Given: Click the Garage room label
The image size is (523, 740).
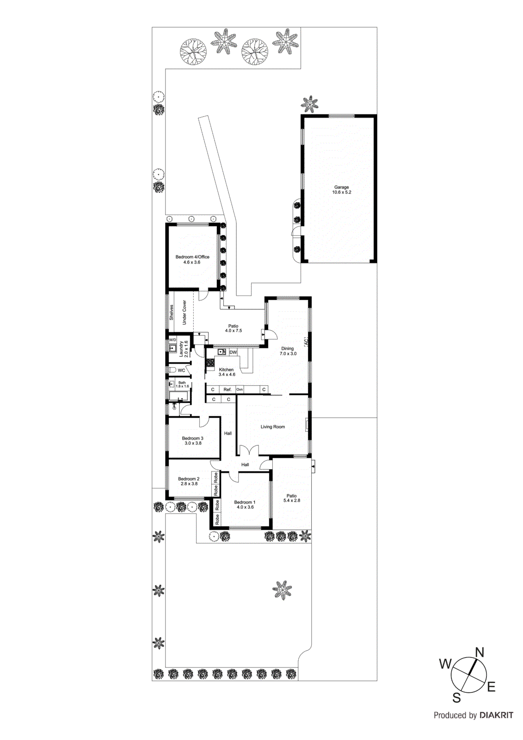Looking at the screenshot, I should click(x=342, y=187).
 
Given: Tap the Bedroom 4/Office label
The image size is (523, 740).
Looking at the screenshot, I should click(x=192, y=257).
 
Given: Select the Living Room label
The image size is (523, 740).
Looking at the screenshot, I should click(x=273, y=427).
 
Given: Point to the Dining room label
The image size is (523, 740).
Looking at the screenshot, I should click(x=288, y=349).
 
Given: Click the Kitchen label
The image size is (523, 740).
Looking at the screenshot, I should click(x=227, y=370).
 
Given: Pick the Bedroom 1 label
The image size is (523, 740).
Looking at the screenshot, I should click(x=245, y=502).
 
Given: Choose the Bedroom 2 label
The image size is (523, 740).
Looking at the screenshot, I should click(x=189, y=479).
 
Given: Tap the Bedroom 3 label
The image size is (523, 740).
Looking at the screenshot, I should click(x=192, y=438).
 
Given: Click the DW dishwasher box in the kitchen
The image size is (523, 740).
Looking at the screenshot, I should click(x=233, y=352).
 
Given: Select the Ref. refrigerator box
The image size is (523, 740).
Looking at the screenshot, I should click(x=228, y=390).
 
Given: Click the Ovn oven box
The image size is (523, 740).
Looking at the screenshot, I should click(x=240, y=390).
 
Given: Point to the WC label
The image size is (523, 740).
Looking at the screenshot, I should click(x=181, y=370).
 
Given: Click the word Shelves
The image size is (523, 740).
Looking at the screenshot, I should click(x=172, y=312).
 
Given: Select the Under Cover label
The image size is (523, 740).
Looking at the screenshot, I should click(x=184, y=312).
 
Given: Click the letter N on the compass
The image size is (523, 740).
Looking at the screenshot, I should click(x=480, y=653).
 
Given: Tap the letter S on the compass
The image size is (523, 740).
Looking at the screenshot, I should click(x=456, y=697).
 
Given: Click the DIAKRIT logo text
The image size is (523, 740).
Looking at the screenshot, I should click(x=496, y=715).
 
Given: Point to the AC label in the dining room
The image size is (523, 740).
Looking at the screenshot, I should click(x=306, y=342).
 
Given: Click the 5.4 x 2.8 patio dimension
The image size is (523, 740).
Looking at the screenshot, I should click(x=292, y=500).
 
